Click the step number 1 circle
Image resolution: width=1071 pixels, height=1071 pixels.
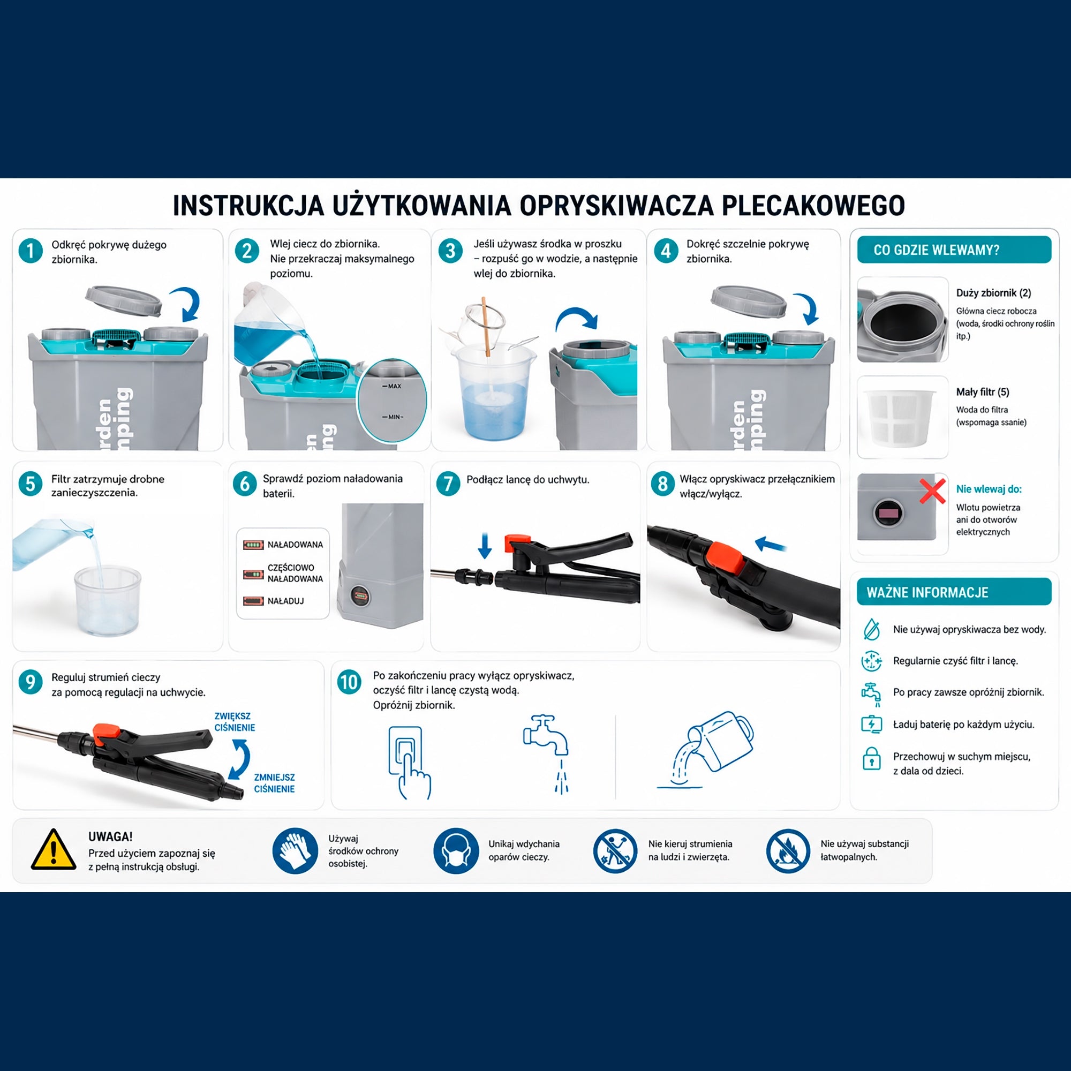pyautogui.click(x=31, y=251)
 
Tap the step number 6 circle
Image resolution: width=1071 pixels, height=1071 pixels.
pyautogui.click(x=245, y=484)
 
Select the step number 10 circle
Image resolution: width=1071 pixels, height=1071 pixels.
pyautogui.click(x=349, y=682)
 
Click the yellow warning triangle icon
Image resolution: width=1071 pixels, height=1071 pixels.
pyautogui.click(x=53, y=849)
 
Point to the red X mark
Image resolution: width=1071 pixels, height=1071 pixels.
pyautogui.click(x=932, y=491)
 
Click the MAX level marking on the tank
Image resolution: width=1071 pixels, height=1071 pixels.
pyautogui.click(x=392, y=386)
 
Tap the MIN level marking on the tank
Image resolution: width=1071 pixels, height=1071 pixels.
pyautogui.click(x=393, y=417)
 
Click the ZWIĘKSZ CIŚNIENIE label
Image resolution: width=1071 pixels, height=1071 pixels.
pyautogui.click(x=235, y=722)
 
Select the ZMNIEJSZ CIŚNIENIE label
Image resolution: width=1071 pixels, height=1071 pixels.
pyautogui.click(x=274, y=783)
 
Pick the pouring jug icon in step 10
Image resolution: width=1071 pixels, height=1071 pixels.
pyautogui.click(x=706, y=749)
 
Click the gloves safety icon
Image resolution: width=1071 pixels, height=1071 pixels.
pyautogui.click(x=295, y=851)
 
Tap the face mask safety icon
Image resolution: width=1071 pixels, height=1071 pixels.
pyautogui.click(x=456, y=851)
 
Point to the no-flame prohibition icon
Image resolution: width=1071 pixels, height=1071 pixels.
pyautogui.click(x=788, y=851)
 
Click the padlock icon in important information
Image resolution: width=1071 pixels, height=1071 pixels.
pyautogui.click(x=871, y=758)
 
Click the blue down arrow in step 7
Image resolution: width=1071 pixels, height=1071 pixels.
pyautogui.click(x=485, y=546)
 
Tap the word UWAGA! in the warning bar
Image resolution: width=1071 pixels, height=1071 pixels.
pyautogui.click(x=110, y=836)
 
